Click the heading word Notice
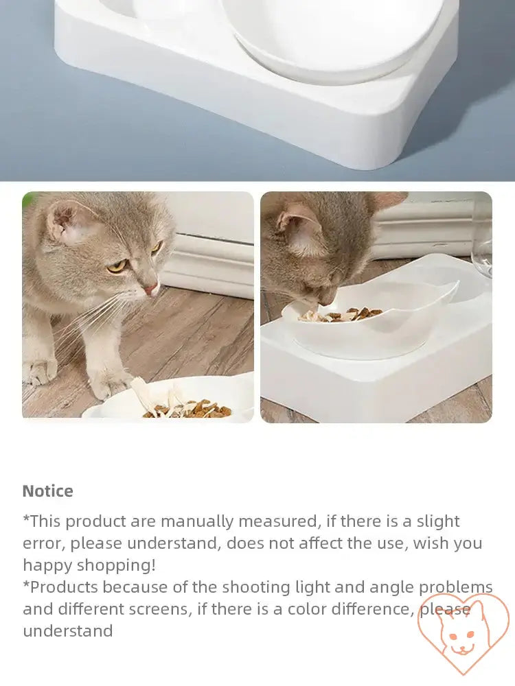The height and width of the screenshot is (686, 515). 47,491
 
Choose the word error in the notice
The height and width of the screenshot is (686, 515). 43,543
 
